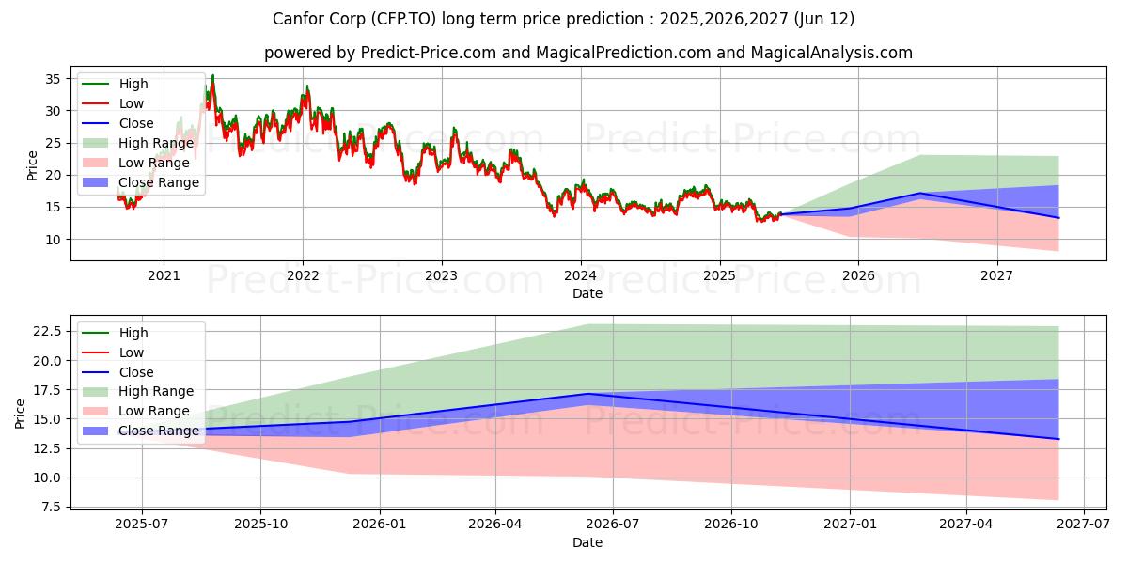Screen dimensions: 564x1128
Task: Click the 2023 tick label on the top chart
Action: click(441, 275)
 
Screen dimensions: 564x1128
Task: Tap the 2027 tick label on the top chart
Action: click(996, 275)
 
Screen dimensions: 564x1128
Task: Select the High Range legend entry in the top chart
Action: click(156, 143)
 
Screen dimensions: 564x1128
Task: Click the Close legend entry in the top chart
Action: click(137, 123)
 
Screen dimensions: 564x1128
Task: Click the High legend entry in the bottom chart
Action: click(133, 333)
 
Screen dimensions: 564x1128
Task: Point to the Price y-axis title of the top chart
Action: click(33, 165)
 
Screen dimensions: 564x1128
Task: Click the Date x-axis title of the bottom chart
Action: click(587, 542)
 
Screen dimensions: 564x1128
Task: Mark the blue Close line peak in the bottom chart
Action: click(588, 394)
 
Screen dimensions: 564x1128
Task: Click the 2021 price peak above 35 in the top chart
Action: click(212, 75)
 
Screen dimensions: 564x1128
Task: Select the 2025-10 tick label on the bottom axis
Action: click(260, 525)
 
